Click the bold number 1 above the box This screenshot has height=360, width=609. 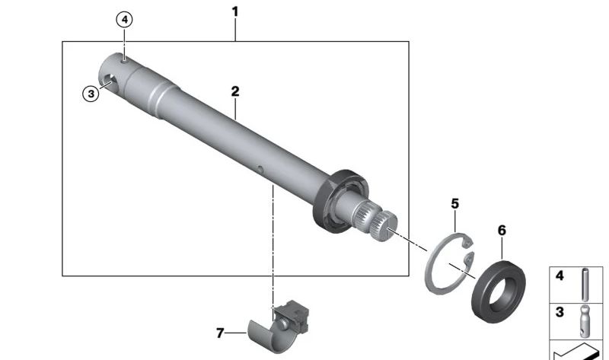(234, 12)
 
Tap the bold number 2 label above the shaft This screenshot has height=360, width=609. (235, 91)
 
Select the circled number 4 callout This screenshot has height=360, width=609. (124, 20)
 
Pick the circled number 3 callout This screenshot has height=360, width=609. (91, 94)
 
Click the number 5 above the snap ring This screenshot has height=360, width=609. (454, 203)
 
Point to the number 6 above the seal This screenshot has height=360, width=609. (502, 231)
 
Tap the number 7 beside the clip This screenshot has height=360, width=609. (220, 333)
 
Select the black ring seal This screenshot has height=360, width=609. (499, 292)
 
